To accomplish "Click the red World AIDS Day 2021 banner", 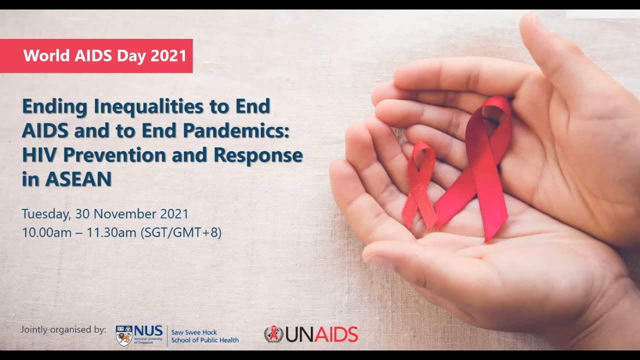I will tap(96, 55).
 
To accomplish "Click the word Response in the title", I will tap(258, 155).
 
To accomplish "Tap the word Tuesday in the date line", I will tap(46, 214).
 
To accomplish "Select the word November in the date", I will tap(125, 214).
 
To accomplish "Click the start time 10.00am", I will tap(43, 232).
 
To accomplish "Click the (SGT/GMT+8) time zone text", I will tap(181, 232).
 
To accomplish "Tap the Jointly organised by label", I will tap(63, 329).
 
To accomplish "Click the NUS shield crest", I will tap(124, 335).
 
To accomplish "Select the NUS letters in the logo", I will tap(148, 330).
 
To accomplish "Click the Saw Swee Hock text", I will tap(194, 332).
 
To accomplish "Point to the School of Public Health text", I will tap(205, 340).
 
